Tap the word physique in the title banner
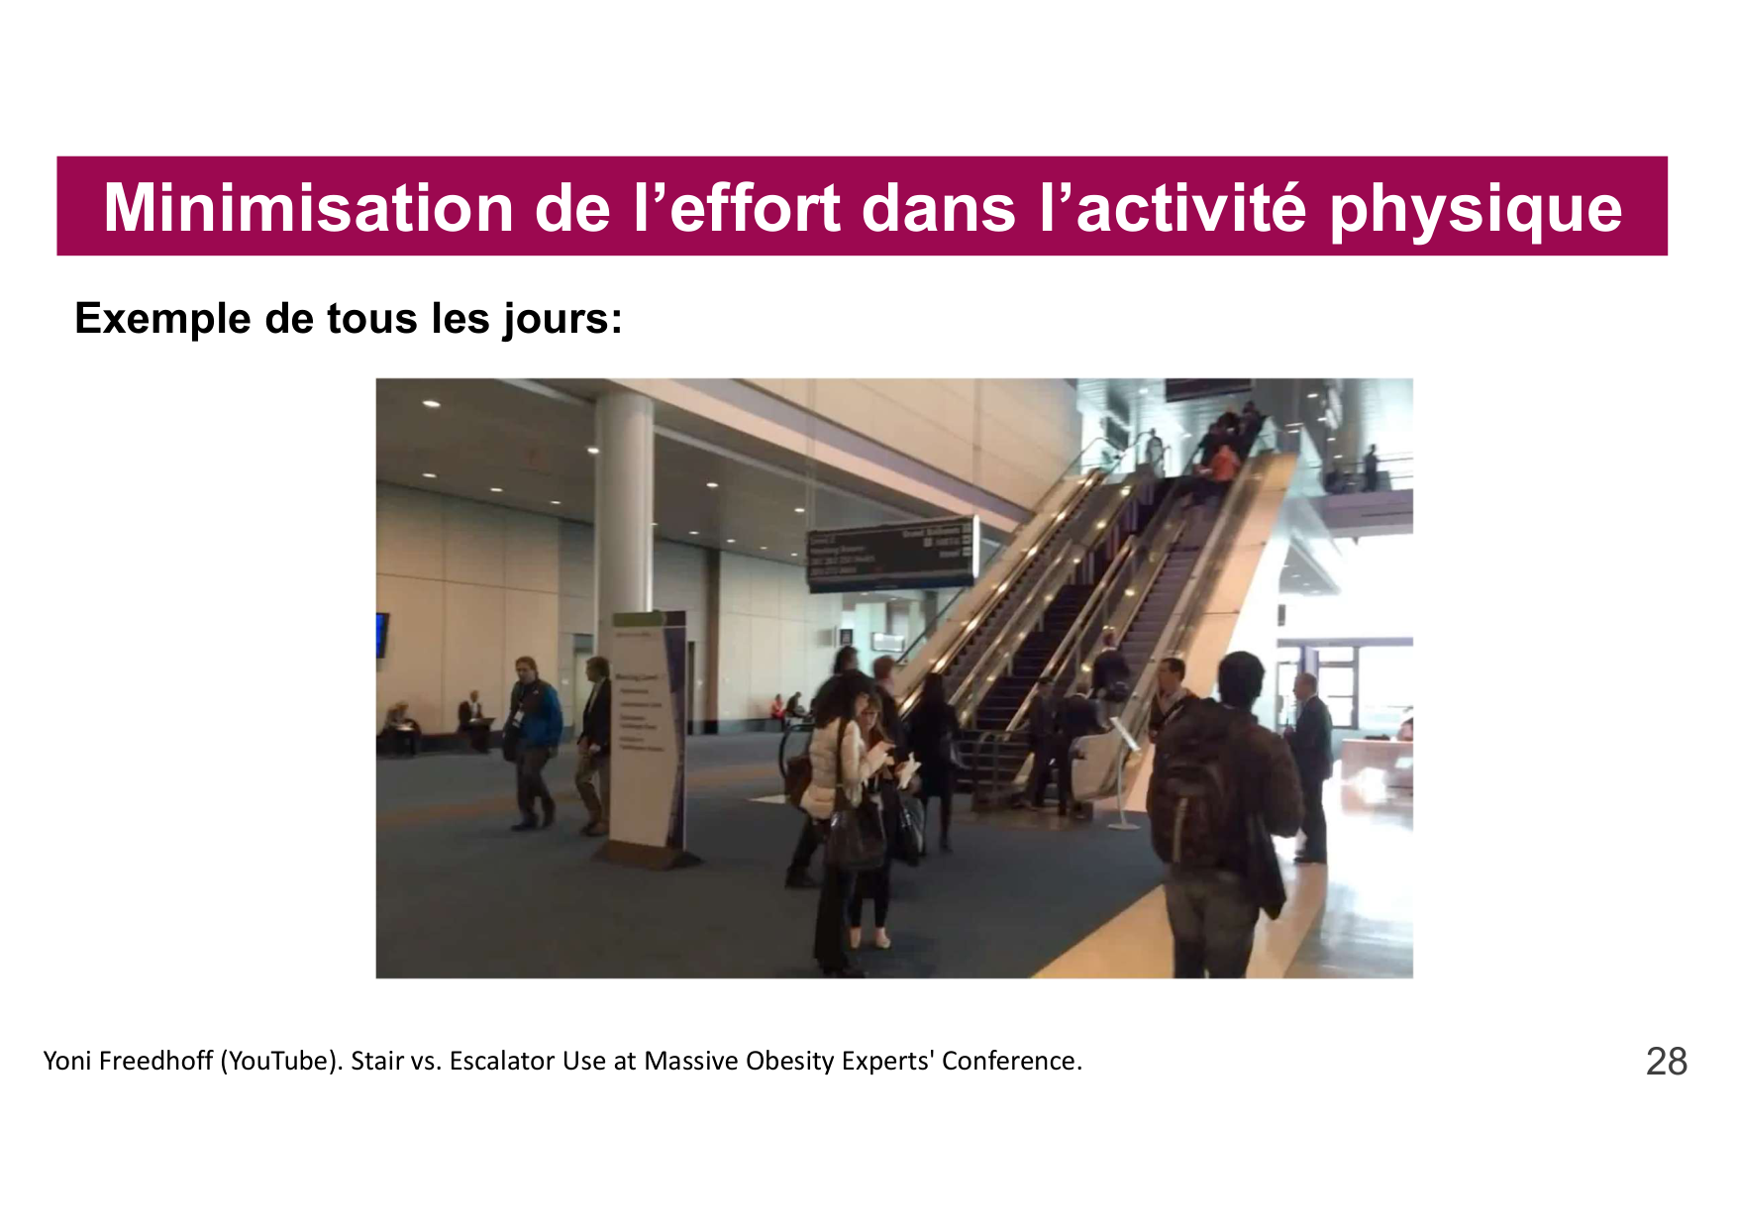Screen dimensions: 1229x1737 [1476, 210]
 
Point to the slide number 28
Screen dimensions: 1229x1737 [1666, 1062]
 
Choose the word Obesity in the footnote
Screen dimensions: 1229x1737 [789, 1061]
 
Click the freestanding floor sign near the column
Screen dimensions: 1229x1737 [648, 733]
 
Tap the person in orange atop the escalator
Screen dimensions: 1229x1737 [1224, 463]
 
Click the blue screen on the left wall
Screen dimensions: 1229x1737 [381, 635]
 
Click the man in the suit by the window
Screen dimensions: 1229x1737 [1311, 763]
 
